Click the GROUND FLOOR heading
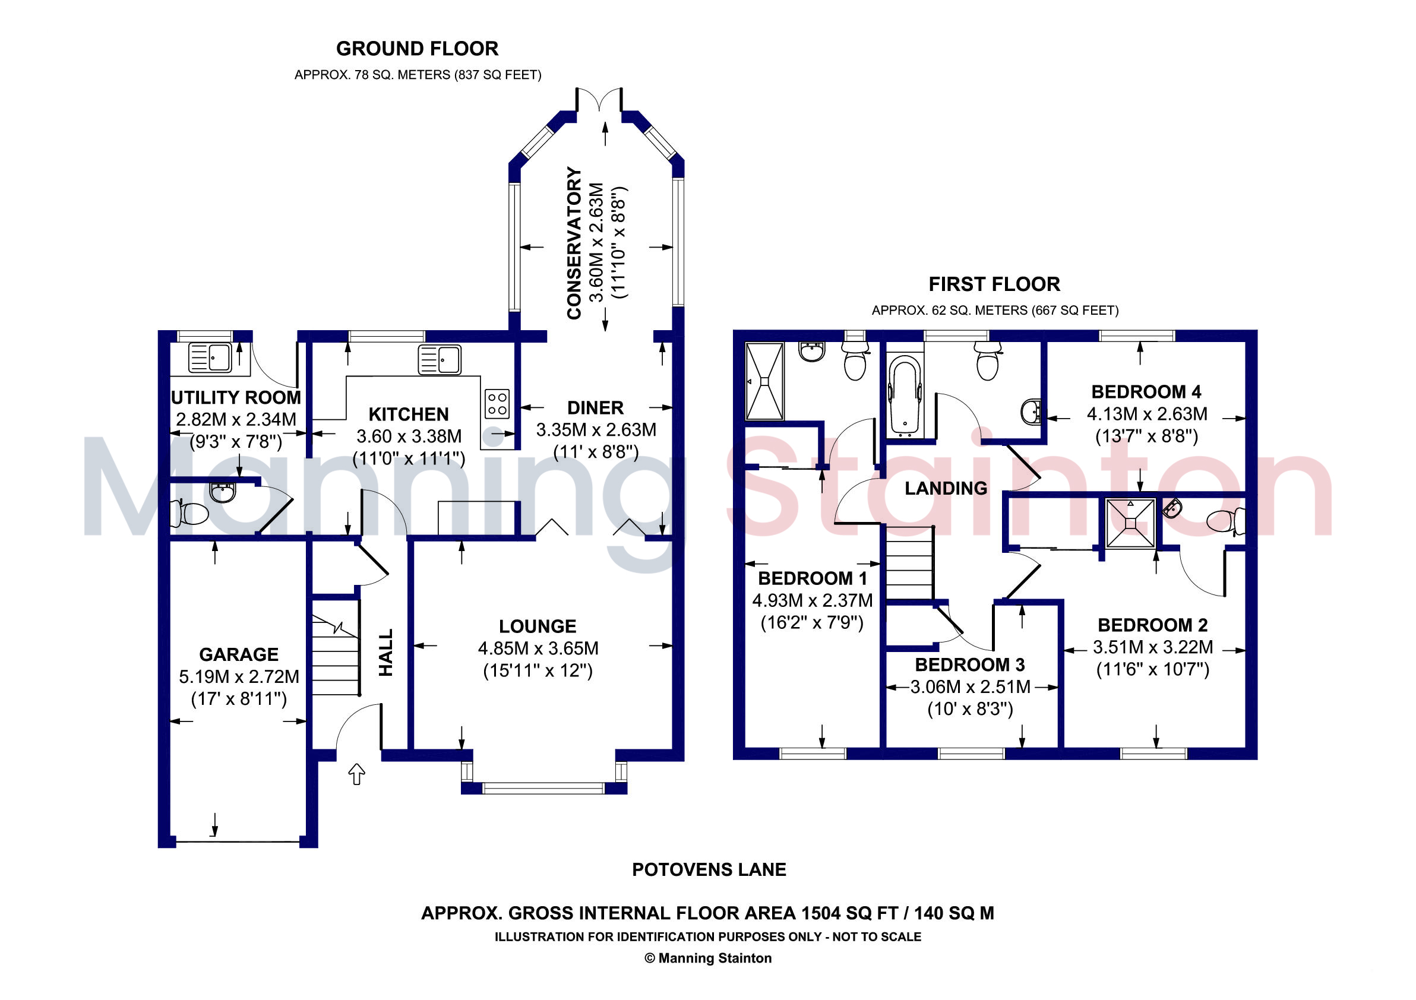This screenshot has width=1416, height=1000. pyautogui.click(x=417, y=49)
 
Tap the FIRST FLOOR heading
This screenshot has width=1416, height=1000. pyautogui.click(x=994, y=284)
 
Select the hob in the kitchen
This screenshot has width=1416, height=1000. pyautogui.click(x=497, y=403)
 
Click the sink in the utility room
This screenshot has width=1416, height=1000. pyautogui.click(x=210, y=357)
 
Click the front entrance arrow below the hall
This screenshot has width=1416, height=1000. pyautogui.click(x=357, y=774)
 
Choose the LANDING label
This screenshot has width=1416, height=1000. pyautogui.click(x=946, y=488)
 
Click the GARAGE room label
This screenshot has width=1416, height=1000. pyautogui.click(x=239, y=654)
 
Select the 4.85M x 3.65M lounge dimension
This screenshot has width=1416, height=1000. pyautogui.click(x=538, y=648)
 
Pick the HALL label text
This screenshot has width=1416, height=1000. pyautogui.click(x=386, y=652)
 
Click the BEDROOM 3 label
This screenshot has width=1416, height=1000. pyautogui.click(x=969, y=664)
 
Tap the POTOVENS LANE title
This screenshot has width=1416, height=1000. pyautogui.click(x=709, y=869)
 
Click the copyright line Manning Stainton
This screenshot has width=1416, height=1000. pyautogui.click(x=708, y=958)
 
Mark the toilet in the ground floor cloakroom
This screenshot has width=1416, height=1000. pyautogui.click(x=189, y=514)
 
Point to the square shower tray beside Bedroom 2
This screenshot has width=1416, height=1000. pyautogui.click(x=1130, y=523)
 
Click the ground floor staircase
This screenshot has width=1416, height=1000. pyautogui.click(x=336, y=655)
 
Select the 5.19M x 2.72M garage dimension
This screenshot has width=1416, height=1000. pyautogui.click(x=239, y=676)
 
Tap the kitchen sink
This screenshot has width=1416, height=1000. pyautogui.click(x=439, y=360)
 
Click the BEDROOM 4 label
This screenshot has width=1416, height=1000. pyautogui.click(x=1146, y=391)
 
